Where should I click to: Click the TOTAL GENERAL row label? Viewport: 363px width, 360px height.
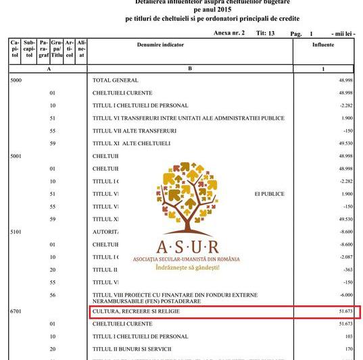click(115, 80)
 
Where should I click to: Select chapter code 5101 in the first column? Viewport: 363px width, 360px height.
click(16, 231)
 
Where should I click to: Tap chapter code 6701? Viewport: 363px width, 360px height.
click(16, 313)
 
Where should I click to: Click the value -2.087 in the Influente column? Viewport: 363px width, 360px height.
click(344, 257)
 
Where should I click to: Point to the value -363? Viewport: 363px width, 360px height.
click(347, 269)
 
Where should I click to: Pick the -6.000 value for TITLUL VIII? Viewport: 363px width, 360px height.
click(345, 294)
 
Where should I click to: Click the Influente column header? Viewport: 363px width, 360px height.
click(323, 45)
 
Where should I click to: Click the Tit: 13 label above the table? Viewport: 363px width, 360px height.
click(266, 32)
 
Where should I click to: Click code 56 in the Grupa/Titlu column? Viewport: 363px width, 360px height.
click(52, 294)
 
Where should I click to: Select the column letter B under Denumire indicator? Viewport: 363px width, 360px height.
click(190, 68)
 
